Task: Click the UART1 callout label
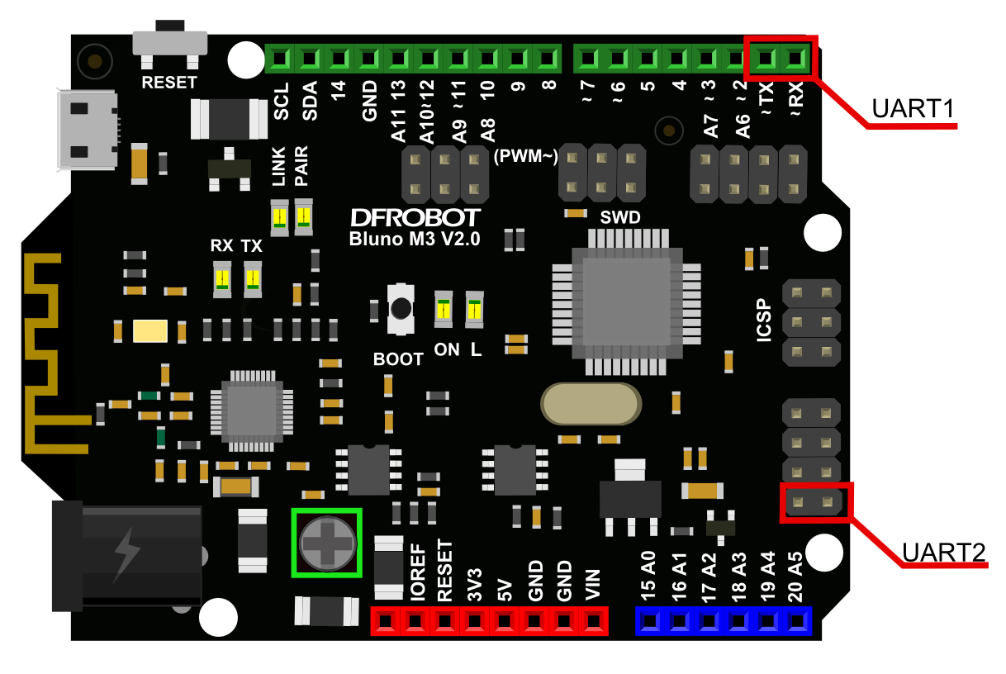coord(913,108)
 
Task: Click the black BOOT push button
coord(401,309)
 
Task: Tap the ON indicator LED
coord(444,310)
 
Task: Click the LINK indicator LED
coord(280,217)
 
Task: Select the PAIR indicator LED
coord(303,217)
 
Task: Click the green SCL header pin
coord(280,59)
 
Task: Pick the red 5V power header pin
coord(505,620)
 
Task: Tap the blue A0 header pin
coord(650,620)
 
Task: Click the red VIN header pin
coord(594,620)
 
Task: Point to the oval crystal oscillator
coord(590,405)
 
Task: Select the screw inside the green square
coord(327,542)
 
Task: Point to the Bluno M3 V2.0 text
coord(415,239)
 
